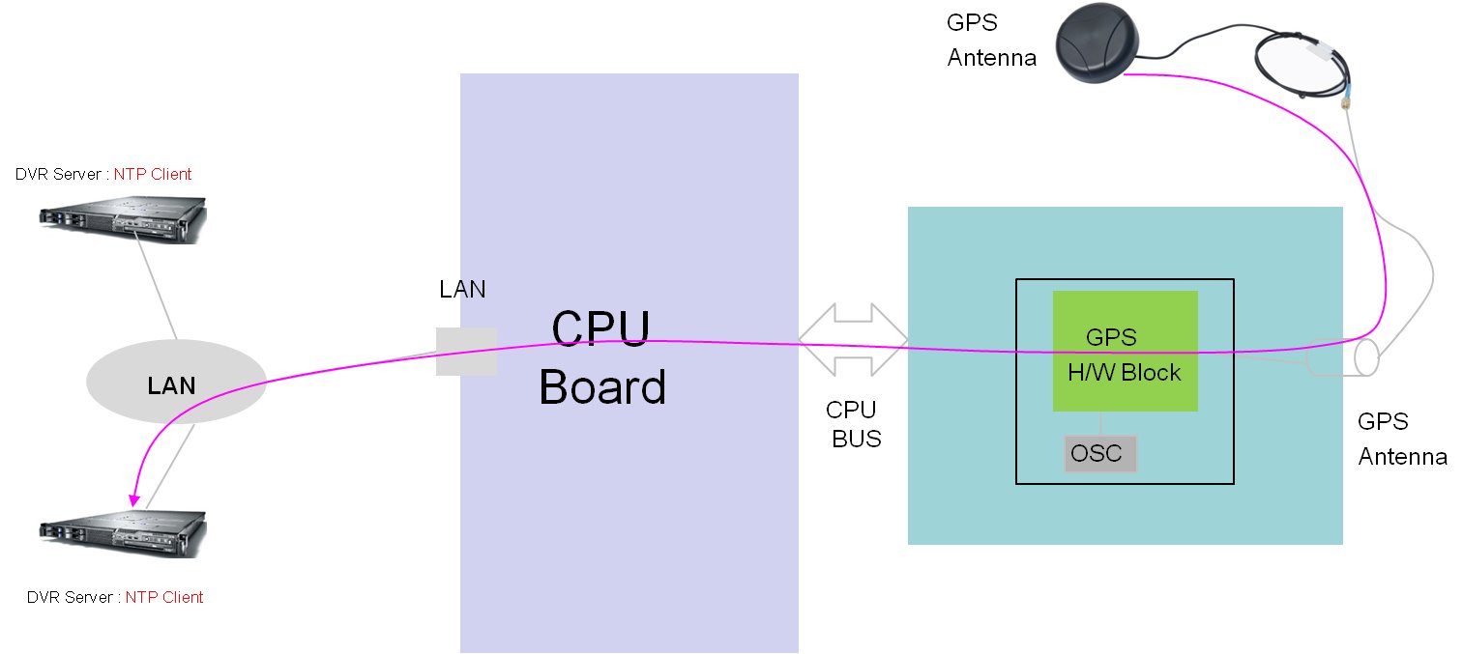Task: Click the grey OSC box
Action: (x=1100, y=454)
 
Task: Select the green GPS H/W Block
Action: (x=1125, y=351)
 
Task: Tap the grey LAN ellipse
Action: (x=176, y=384)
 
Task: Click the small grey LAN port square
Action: (x=466, y=352)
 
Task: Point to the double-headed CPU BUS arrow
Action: (x=853, y=339)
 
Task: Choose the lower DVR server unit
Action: (x=124, y=532)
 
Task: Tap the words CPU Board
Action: (x=601, y=358)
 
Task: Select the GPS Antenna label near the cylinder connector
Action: (x=1401, y=439)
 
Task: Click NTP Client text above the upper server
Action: (x=153, y=175)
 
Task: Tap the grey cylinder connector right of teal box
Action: (x=1345, y=357)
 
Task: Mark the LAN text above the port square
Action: (x=462, y=289)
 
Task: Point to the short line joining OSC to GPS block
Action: (x=1101, y=424)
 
